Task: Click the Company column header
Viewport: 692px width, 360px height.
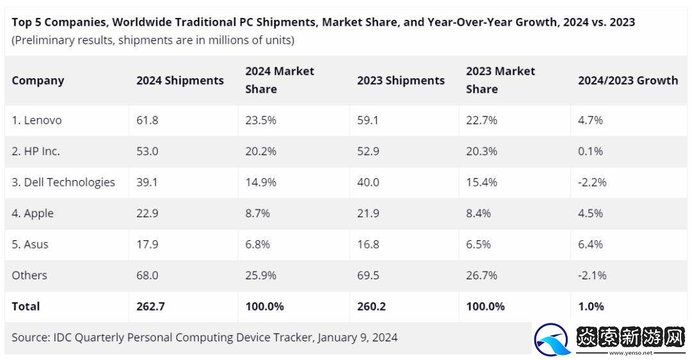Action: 38,81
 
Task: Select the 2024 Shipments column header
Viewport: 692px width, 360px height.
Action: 180,81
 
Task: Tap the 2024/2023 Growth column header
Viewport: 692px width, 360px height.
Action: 627,81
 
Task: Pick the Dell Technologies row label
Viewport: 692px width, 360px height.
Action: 63,183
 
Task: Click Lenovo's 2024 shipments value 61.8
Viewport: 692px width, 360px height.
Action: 147,120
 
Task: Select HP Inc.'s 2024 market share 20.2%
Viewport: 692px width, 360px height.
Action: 261,152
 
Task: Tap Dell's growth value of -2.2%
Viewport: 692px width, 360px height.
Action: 592,183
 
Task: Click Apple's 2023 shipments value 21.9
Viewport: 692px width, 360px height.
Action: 368,213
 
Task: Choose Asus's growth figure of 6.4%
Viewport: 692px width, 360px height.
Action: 590,245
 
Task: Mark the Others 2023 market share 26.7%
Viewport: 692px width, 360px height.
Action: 482,275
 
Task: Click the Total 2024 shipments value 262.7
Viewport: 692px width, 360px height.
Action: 151,306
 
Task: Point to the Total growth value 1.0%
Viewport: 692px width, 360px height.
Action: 590,306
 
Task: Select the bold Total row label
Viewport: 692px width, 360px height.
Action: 26,306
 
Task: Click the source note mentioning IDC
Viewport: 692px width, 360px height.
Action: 204,337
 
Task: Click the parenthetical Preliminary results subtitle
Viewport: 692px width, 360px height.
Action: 152,40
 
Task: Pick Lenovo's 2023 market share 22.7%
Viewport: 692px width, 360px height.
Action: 482,120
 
